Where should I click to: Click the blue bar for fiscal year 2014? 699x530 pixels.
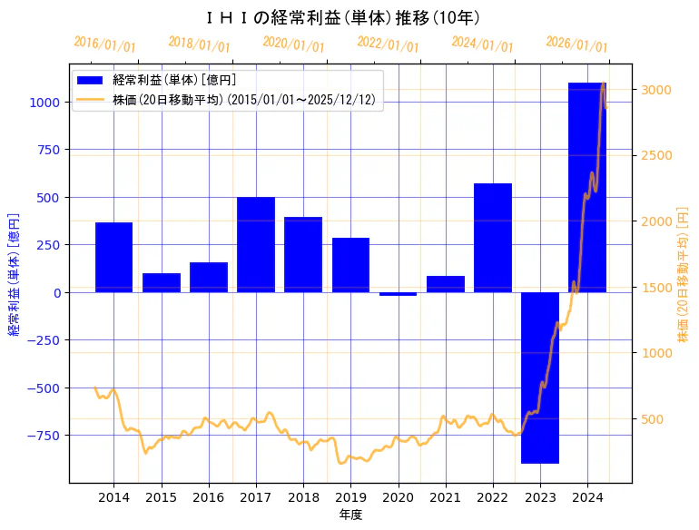114,257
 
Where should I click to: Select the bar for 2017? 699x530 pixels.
256,244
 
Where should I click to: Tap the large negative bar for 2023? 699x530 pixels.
540,378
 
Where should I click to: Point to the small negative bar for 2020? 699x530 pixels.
398,294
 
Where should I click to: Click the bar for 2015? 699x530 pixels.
162,282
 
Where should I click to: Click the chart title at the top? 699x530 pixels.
343,17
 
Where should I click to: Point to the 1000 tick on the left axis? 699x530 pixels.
46,103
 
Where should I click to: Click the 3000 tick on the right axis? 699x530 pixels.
656,89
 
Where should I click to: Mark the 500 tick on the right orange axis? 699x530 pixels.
653,419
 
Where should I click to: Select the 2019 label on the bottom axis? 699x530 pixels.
350,497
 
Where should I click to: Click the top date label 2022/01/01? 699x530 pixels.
388,44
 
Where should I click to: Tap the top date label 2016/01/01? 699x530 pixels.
104,44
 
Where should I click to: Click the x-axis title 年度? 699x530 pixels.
350,515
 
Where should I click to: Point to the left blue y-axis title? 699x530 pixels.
14,274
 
